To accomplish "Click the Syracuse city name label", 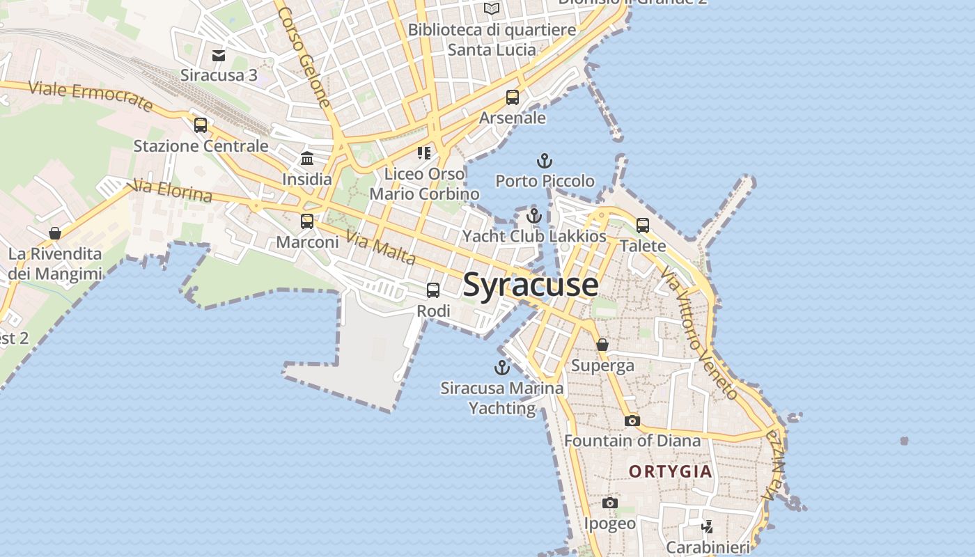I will pos(530,285).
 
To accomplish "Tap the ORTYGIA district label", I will pos(671,471).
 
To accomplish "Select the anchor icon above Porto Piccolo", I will pos(544,162).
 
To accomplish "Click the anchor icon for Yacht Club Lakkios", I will pos(534,216).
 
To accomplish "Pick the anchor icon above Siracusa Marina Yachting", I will pos(501,368).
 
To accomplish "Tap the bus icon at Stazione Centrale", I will pos(201,125).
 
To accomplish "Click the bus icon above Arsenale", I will pos(513,97).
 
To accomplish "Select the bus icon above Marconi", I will pos(307,221).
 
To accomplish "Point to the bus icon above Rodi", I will pos(433,290).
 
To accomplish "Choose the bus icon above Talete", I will pos(643,226).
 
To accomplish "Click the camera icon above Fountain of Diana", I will pos(632,421).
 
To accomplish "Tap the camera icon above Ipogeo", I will pos(610,503).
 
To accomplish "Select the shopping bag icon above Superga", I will pos(602,345).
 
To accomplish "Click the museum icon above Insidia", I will pos(307,159).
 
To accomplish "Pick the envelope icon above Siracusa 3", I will pos(219,56).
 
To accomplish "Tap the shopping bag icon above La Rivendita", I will pos(55,233).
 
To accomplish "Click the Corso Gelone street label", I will pos(304,57).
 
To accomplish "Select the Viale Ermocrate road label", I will pos(90,96).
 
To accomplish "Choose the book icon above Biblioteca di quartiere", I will pos(492,9).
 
